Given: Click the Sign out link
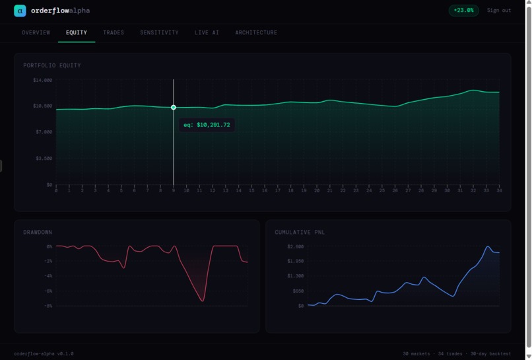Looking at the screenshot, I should click(498, 11).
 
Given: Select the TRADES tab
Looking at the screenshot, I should click(114, 32).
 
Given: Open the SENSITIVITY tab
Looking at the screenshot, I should click(159, 32).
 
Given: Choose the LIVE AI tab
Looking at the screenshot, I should click(207, 32).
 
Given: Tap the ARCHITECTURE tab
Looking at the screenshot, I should click(256, 32).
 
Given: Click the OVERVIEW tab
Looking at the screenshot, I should click(36, 32).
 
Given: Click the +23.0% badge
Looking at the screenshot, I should click(463, 11).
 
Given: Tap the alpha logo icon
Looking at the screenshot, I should click(20, 11).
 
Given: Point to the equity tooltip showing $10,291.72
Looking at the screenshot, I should click(207, 125).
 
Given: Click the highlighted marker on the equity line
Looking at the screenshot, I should click(174, 107).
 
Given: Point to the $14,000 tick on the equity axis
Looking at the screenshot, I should click(43, 80).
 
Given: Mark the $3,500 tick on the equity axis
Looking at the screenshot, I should click(43, 159).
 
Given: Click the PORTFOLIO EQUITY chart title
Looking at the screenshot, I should click(52, 65).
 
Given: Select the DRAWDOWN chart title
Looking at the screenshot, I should click(38, 233).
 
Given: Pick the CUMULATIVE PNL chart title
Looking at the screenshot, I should click(300, 233).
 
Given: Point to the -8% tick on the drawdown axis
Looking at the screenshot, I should click(48, 306).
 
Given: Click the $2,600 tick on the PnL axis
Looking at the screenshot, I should click(295, 246).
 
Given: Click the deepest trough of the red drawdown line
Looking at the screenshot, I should click(203, 301).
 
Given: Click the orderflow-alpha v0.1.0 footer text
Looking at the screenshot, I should click(44, 353).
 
